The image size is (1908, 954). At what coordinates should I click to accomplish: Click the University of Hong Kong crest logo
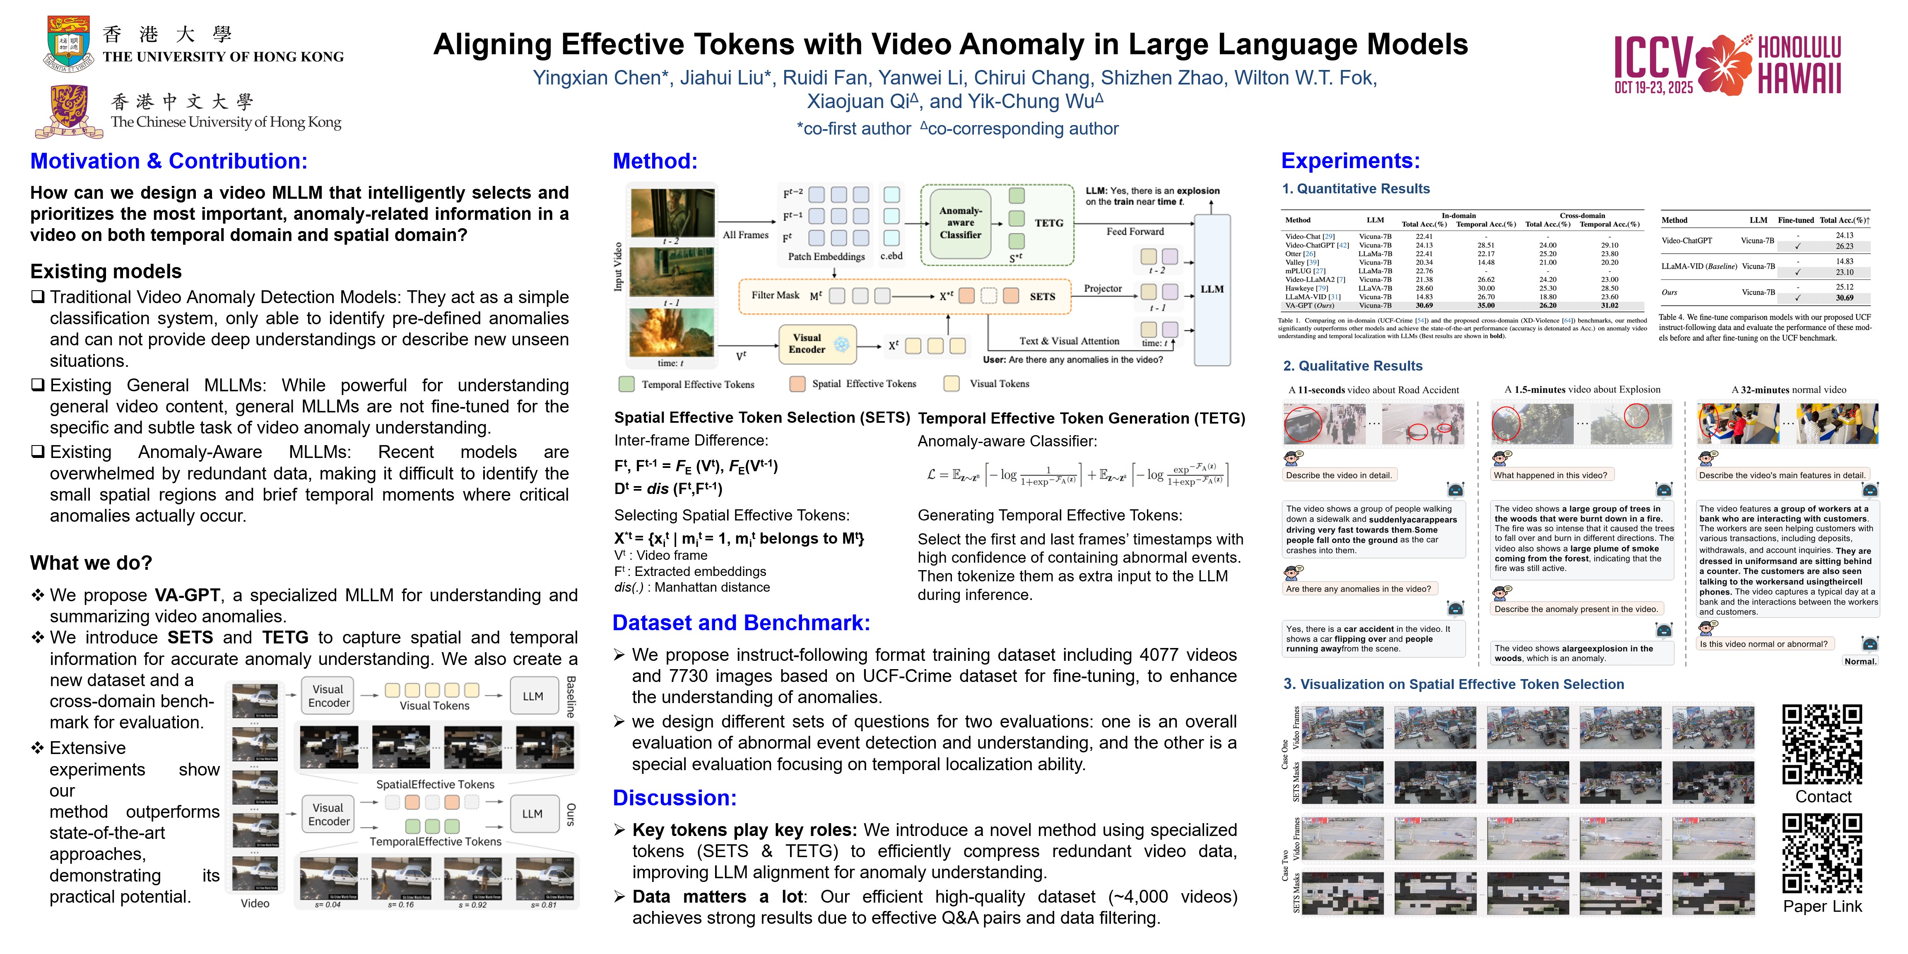pyautogui.click(x=69, y=43)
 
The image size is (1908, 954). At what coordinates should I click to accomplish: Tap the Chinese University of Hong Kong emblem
pyautogui.click(x=69, y=111)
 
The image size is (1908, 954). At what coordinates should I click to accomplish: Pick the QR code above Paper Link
pyautogui.click(x=1821, y=853)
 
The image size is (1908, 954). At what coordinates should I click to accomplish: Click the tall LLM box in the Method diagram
pyautogui.click(x=1212, y=289)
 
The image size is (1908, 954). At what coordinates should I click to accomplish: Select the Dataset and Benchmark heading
pyautogui.click(x=741, y=623)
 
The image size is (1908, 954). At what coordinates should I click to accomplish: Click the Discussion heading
pyautogui.click(x=674, y=798)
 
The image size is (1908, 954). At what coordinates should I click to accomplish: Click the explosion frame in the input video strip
pyautogui.click(x=671, y=332)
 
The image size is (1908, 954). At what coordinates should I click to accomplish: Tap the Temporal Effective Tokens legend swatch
pyautogui.click(x=626, y=384)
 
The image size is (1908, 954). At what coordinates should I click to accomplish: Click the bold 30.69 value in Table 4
pyautogui.click(x=1844, y=298)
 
